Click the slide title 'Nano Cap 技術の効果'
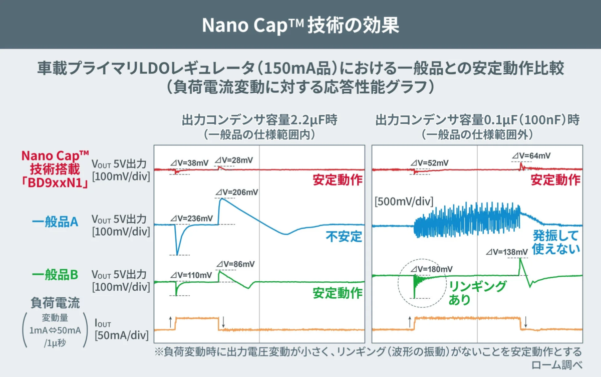[x=300, y=25]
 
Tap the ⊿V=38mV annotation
[x=189, y=163]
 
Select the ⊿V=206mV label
[x=237, y=193]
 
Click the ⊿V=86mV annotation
[x=235, y=264]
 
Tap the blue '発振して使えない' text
[x=555, y=242]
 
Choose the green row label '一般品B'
[x=55, y=275]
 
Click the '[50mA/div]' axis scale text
[x=120, y=334]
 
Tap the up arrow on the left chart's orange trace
[x=171, y=322]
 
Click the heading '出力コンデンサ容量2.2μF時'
[x=259, y=120]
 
